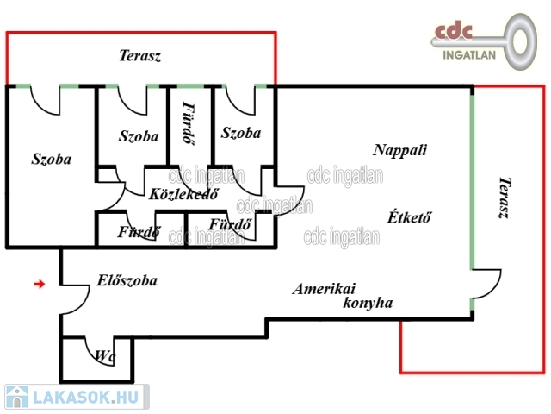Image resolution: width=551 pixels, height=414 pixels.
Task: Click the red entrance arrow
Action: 40,284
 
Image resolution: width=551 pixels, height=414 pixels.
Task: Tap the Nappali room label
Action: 399,150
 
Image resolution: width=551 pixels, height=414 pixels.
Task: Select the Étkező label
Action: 409,216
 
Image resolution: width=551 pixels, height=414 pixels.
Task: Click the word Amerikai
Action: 324,289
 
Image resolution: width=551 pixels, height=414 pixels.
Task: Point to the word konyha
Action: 368,303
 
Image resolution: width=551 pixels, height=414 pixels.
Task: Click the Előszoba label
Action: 127,280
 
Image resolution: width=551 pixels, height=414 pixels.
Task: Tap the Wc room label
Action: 105,356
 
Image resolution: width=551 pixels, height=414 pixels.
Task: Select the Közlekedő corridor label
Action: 183,193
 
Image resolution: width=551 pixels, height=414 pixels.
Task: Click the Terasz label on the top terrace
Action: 139,55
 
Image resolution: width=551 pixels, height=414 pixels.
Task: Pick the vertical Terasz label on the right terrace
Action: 505,198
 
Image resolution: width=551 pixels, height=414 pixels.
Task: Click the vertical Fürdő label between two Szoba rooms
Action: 189,122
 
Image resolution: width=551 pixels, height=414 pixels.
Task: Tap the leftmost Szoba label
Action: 52,159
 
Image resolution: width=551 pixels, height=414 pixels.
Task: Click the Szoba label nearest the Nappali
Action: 241,133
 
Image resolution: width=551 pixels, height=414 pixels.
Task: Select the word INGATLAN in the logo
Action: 469,55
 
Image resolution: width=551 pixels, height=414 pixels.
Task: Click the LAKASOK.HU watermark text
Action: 85,398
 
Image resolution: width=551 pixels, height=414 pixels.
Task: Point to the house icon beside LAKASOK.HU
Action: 17,397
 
